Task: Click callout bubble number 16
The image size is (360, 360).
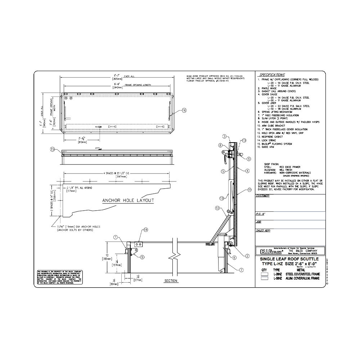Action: tap(184, 111)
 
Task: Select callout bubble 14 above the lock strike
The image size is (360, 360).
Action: tap(146, 229)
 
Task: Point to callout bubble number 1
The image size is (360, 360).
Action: tap(116, 237)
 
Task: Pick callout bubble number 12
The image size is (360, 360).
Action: tap(217, 208)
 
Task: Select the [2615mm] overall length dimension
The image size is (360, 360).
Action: tap(117, 78)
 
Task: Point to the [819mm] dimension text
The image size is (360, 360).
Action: tap(82, 142)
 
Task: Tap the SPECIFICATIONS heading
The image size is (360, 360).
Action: tap(272, 75)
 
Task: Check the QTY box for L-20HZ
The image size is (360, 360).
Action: tap(265, 274)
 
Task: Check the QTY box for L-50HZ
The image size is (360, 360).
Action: tap(265, 278)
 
